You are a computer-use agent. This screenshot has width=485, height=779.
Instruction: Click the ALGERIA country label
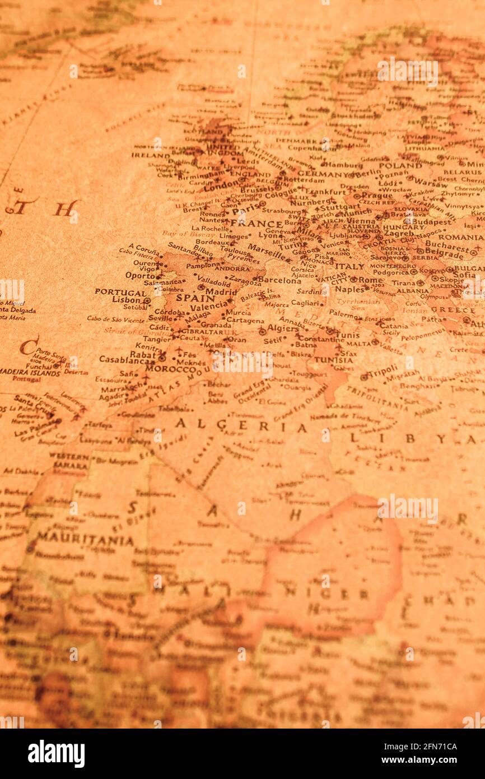coord(241,426)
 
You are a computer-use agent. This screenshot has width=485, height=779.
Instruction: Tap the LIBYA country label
coord(412,438)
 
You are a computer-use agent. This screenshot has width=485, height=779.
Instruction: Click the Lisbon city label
coord(126,300)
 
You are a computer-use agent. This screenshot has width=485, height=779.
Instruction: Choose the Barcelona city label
coord(279,280)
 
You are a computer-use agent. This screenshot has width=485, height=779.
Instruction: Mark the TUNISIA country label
coord(334,360)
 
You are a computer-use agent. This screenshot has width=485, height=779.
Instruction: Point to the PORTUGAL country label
coord(120,292)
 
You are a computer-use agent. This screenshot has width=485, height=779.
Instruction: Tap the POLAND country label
coord(400,165)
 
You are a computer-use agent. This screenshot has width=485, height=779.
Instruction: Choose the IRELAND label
coord(150,155)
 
